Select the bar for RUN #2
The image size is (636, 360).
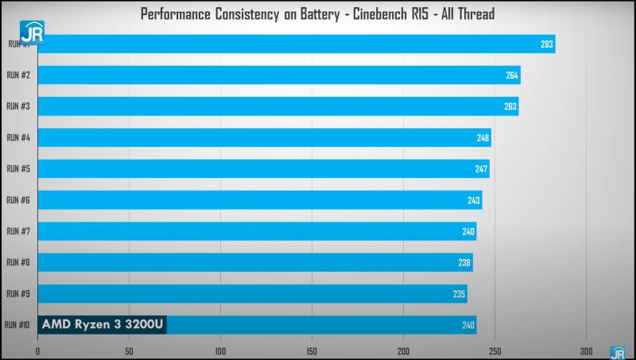(x=278, y=75)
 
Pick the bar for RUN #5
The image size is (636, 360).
(x=262, y=168)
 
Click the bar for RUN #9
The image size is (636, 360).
(x=251, y=293)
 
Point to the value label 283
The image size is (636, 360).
(x=546, y=45)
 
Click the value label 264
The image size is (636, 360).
(x=512, y=75)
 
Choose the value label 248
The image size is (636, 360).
(x=483, y=137)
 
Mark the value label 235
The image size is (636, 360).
(x=459, y=293)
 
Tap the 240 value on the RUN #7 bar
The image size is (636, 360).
(x=468, y=231)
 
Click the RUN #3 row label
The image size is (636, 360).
(x=18, y=106)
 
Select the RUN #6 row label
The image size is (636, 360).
(x=18, y=200)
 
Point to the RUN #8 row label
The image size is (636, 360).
(x=18, y=262)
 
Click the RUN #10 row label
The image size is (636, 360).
(x=17, y=324)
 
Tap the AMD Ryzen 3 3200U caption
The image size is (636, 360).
(x=102, y=324)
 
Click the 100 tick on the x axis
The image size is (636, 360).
(x=220, y=350)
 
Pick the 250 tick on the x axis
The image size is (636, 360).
(x=494, y=350)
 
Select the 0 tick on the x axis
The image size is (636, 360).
(x=37, y=350)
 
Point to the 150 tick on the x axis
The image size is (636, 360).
(x=312, y=350)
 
